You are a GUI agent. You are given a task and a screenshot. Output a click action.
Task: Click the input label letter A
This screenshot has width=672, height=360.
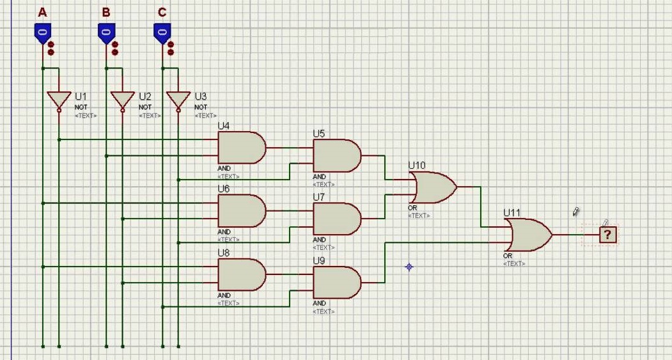[43, 12]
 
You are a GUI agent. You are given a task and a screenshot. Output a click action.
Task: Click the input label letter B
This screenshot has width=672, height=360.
[106, 12]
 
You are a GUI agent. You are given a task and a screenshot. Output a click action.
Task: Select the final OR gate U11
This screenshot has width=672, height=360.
[529, 235]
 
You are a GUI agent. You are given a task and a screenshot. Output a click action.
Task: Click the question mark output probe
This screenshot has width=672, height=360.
[607, 235]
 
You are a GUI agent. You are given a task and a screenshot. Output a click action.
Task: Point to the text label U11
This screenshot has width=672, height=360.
[512, 212]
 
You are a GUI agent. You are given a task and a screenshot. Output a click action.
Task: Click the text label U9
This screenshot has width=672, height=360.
[319, 261]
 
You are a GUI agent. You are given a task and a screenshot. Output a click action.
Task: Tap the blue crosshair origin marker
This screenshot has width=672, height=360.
[409, 267]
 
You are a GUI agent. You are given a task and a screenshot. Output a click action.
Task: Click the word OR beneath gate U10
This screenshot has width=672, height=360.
[412, 208]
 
